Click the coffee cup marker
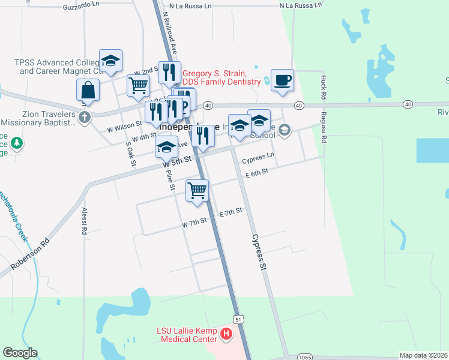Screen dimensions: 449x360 pos(282,80)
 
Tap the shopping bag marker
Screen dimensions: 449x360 pos(88,90)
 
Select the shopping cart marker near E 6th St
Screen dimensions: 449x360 pos(197,190)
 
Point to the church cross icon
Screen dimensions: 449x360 pos(85,116)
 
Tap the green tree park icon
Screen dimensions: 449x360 pos(17,143)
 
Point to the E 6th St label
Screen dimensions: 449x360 pos(256,172)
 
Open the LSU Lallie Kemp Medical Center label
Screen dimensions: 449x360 pos(186,335)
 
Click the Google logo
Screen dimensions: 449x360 pos(20,353)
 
